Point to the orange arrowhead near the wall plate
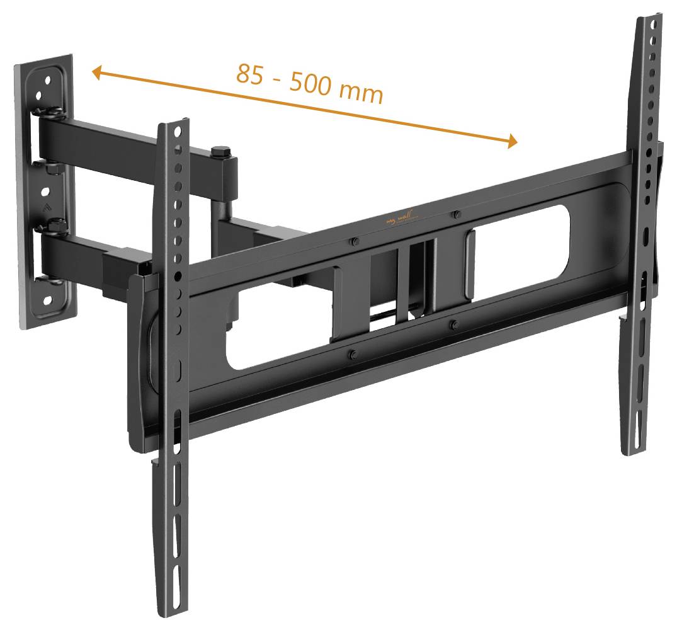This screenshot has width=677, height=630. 97,73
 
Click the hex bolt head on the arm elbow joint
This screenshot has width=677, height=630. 220,152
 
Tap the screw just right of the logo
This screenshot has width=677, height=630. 455,215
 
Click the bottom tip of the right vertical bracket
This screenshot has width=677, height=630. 630,450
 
